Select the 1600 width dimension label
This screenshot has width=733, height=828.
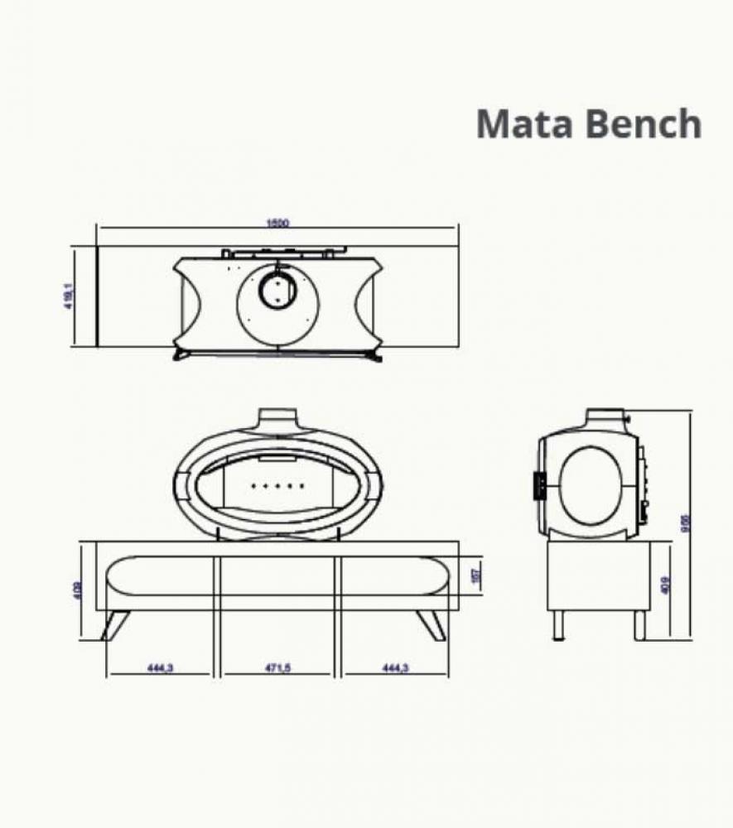point(277,222)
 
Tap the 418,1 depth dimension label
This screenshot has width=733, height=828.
point(69,296)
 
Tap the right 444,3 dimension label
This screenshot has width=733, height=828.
point(395,668)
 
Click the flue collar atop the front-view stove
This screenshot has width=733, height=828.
point(277,419)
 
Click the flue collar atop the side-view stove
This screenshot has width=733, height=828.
point(610,416)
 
